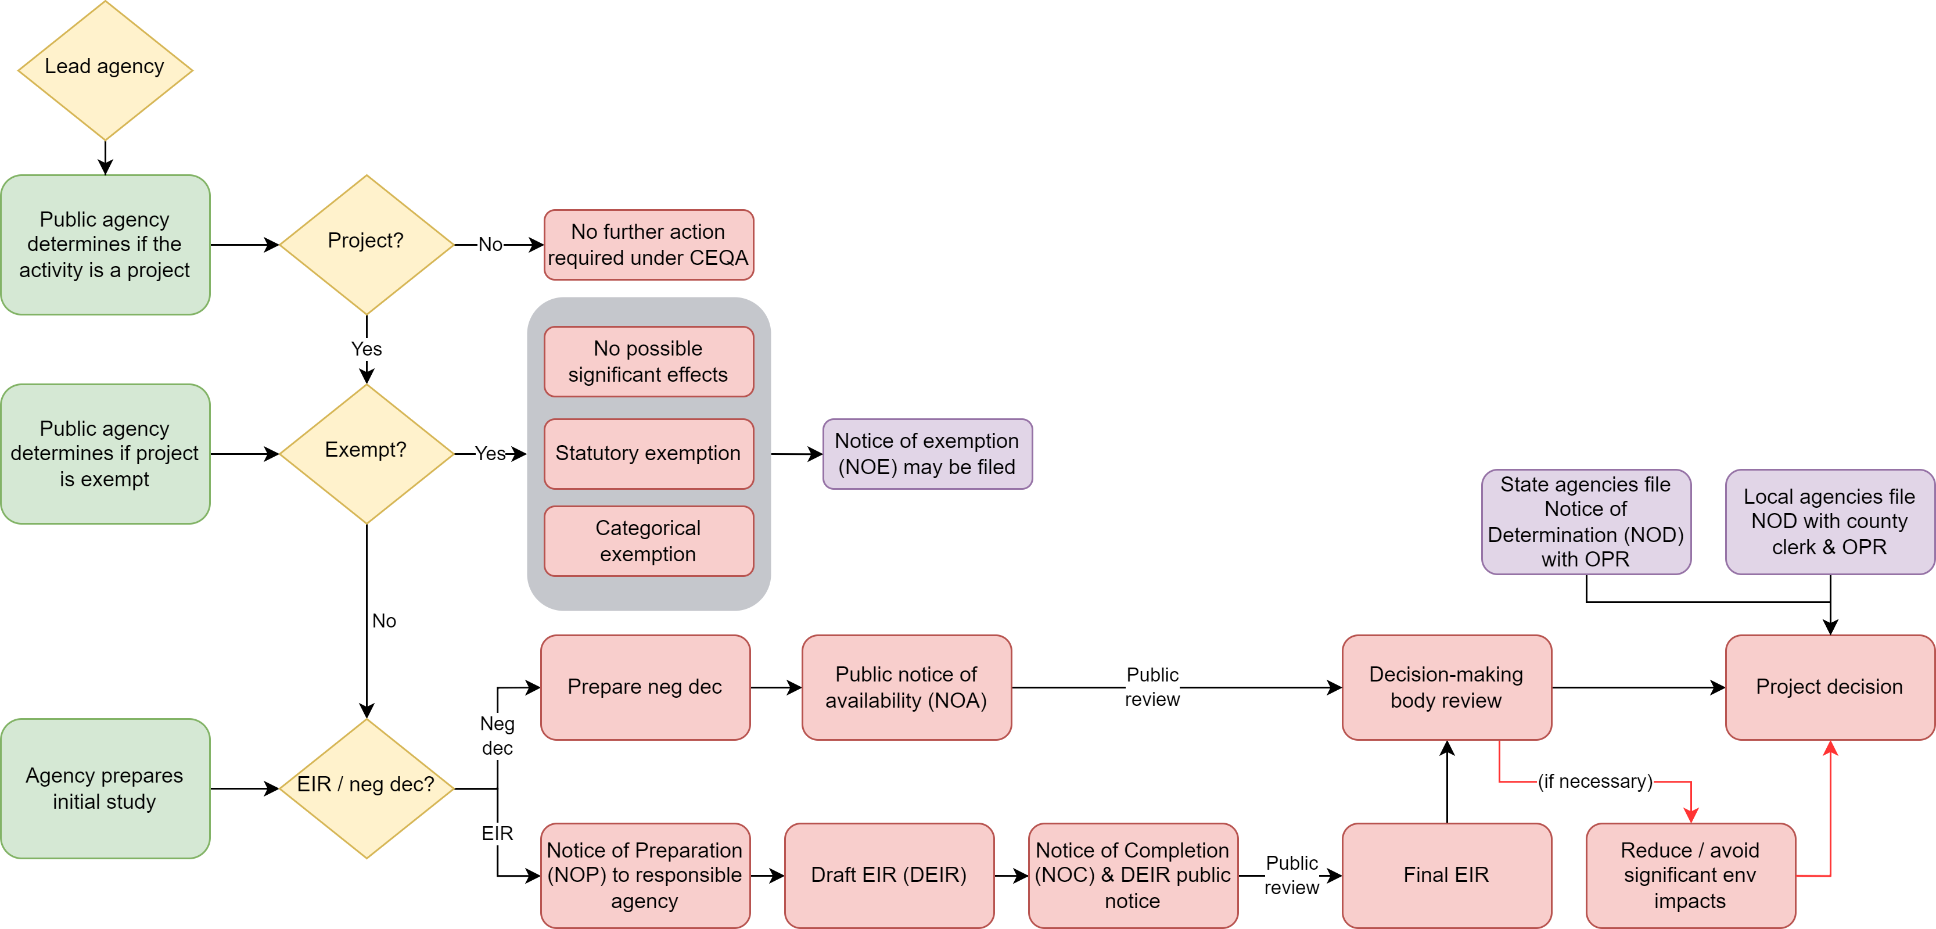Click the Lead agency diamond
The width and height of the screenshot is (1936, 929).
pyautogui.click(x=105, y=69)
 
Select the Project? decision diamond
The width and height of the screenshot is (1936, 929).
pyautogui.click(x=366, y=243)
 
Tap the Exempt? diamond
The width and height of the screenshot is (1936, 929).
pyautogui.click(x=366, y=453)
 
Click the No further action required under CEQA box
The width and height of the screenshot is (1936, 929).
pyautogui.click(x=648, y=244)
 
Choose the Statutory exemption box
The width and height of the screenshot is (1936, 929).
pyautogui.click(x=648, y=453)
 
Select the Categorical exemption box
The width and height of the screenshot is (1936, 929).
pyautogui.click(x=648, y=540)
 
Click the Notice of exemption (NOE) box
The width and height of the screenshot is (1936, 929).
pyautogui.click(x=926, y=453)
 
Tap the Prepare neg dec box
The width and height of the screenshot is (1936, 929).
pyautogui.click(x=645, y=686)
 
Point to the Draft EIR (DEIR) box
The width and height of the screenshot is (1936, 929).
pyautogui.click(x=888, y=874)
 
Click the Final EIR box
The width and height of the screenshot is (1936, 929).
pyautogui.click(x=1446, y=874)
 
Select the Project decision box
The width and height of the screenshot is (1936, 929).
pyautogui.click(x=1829, y=686)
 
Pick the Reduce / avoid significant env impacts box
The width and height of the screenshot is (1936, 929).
pyautogui.click(x=1690, y=874)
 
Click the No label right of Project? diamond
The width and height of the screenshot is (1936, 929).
pyautogui.click(x=490, y=244)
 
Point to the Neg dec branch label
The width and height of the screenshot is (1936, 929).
pyautogui.click(x=497, y=735)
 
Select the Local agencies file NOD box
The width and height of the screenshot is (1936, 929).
pyautogui.click(x=1829, y=521)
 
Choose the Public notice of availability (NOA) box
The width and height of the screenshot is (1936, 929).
pyautogui.click(x=906, y=686)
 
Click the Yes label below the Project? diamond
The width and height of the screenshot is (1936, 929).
pyautogui.click(x=366, y=349)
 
